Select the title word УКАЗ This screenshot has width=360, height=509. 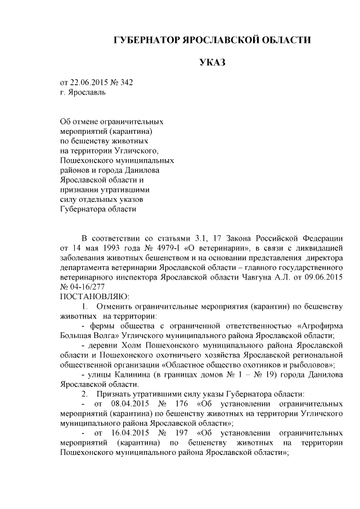[212, 62]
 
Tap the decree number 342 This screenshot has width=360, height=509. [127, 82]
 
